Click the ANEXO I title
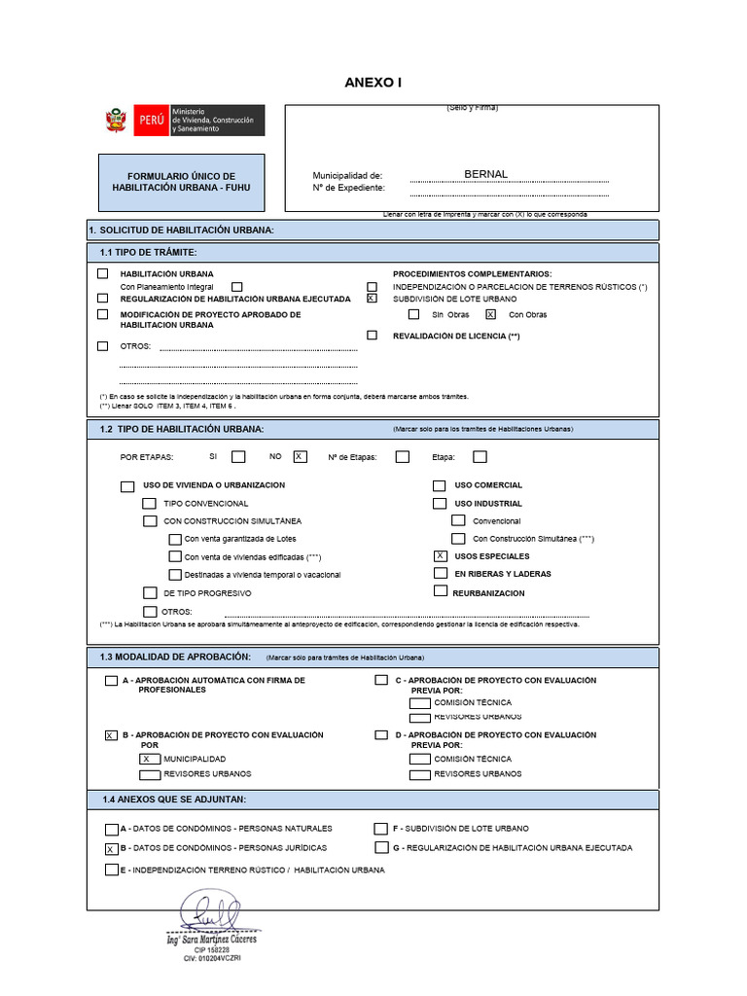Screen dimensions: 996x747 [373, 83]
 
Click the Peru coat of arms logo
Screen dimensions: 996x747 [117, 122]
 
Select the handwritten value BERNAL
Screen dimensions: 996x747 [486, 174]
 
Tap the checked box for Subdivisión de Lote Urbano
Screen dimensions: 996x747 [372, 300]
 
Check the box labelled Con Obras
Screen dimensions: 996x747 [490, 314]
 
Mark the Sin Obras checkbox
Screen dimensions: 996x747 [414, 314]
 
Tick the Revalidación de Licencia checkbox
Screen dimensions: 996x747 [372, 336]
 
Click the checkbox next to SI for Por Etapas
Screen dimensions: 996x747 [238, 456]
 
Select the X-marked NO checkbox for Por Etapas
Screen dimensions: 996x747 [300, 456]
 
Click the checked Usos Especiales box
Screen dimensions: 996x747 [440, 555]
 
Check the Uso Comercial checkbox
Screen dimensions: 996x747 [440, 485]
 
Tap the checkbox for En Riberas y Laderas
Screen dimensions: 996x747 [440, 574]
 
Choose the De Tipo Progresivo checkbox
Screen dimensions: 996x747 [150, 592]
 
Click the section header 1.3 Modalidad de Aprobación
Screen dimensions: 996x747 [175, 658]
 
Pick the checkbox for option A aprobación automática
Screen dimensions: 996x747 [111, 681]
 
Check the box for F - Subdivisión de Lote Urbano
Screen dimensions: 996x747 [381, 829]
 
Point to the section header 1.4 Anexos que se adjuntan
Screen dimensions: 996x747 [174, 799]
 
